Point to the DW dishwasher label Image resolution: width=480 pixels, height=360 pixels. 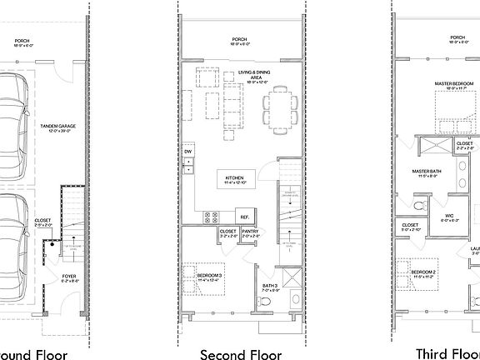pyautogui.click(x=189, y=152)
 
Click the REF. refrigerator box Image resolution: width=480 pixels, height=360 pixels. pyautogui.click(x=245, y=217)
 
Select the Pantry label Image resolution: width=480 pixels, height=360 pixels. pyautogui.click(x=250, y=233)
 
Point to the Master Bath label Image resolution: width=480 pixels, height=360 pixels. pyautogui.click(x=426, y=172)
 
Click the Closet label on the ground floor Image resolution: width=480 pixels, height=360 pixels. pyautogui.click(x=43, y=222)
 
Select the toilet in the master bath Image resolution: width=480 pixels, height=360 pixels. pyautogui.click(x=419, y=203)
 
